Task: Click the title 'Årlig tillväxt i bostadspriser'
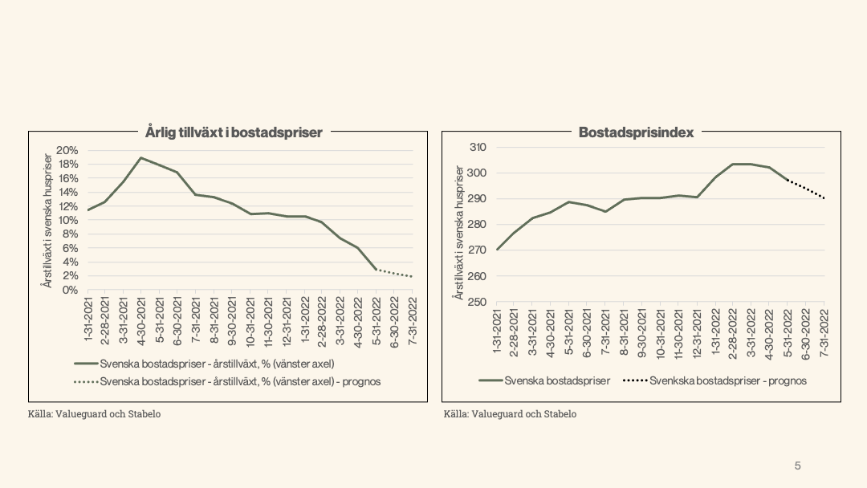click(x=234, y=132)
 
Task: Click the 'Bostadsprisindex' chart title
click(x=636, y=132)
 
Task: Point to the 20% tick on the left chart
click(x=67, y=151)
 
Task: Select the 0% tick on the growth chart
click(x=70, y=290)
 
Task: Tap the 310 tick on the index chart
click(x=478, y=148)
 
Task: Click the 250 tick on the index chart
click(x=478, y=302)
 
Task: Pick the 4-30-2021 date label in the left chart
click(x=141, y=319)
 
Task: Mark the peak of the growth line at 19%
click(x=141, y=158)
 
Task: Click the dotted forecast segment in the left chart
click(x=395, y=273)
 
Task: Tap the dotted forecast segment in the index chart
click(x=807, y=189)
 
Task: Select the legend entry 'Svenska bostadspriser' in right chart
click(x=557, y=380)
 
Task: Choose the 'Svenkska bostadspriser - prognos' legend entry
click(x=727, y=380)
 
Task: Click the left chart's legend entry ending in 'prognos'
click(x=240, y=381)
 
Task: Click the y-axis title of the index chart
click(x=458, y=233)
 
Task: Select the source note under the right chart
click(x=510, y=414)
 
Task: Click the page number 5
click(x=797, y=466)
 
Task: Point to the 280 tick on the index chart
click(x=478, y=225)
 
